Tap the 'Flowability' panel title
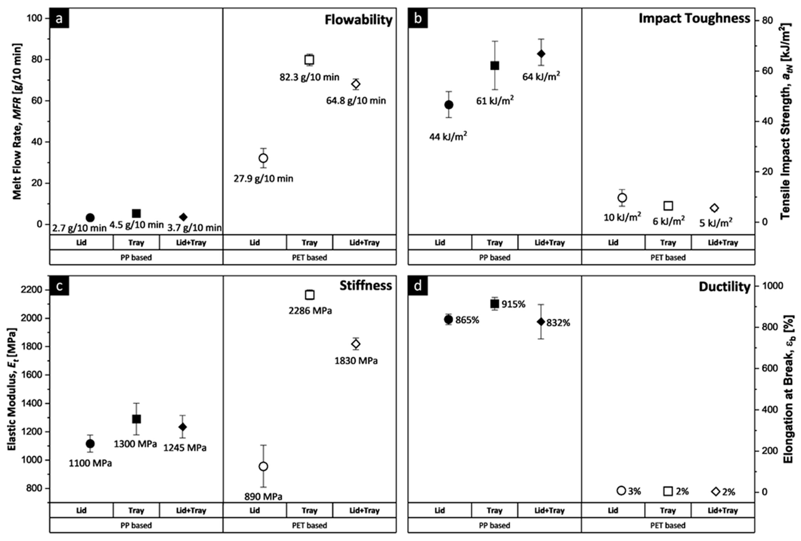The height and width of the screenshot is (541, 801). (x=358, y=20)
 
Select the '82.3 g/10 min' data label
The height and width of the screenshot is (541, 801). (x=309, y=77)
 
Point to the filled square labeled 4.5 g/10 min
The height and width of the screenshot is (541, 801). (x=137, y=214)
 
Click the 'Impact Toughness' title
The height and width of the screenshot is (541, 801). (x=694, y=18)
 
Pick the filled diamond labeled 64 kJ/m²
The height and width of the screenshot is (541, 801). (x=541, y=54)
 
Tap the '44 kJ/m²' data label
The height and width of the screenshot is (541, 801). (x=448, y=137)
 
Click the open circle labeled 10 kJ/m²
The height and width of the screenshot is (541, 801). (x=622, y=198)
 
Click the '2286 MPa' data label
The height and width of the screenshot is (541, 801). (x=310, y=311)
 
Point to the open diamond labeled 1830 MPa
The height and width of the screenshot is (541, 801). (x=356, y=344)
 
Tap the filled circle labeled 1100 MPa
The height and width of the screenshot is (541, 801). (x=90, y=444)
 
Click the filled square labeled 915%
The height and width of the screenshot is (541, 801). (x=495, y=304)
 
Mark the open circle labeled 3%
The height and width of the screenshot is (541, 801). (x=621, y=491)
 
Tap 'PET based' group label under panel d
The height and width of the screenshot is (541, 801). (x=668, y=525)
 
